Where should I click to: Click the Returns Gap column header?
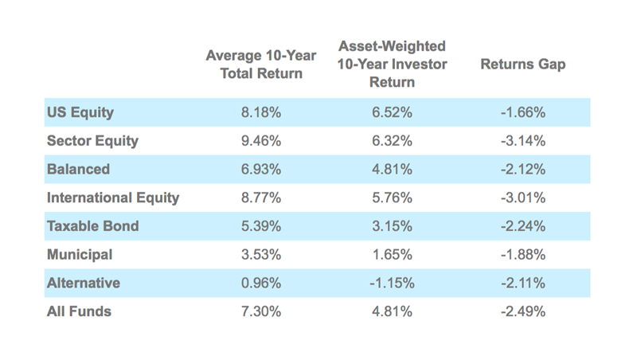522,65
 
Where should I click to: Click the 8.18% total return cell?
261,112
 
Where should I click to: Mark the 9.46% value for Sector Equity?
261,141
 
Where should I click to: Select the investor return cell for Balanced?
392,170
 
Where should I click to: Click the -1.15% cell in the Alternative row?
392,283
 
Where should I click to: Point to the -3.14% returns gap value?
524,141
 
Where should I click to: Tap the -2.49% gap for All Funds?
524,311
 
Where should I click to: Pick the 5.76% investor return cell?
392,198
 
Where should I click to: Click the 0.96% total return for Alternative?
261,283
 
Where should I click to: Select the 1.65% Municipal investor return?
392,255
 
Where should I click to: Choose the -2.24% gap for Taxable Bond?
524,226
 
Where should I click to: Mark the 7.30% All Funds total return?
261,311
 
